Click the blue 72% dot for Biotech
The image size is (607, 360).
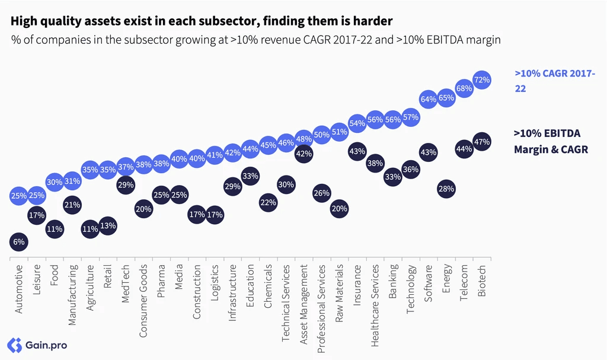tap(482, 80)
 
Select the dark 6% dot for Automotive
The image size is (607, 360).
tap(18, 242)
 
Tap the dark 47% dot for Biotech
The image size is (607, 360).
tap(482, 142)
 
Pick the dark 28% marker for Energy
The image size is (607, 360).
tap(446, 189)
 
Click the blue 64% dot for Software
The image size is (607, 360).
tap(429, 99)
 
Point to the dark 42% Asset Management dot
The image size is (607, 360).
tap(304, 154)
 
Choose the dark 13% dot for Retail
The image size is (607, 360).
tap(108, 226)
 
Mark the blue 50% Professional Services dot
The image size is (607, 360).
tap(321, 135)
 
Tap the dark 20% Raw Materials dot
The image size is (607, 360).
tap(340, 209)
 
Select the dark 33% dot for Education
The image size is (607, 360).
tap(250, 176)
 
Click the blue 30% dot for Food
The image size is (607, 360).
tap(55, 181)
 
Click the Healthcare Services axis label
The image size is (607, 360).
tap(375, 305)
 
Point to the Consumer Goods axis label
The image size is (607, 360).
tap(143, 301)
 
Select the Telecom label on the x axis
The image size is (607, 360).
tap(464, 282)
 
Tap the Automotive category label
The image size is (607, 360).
tap(18, 289)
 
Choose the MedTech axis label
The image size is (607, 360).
tap(126, 278)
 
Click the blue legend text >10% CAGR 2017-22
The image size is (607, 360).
tap(555, 81)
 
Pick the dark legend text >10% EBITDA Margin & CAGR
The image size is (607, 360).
tap(551, 141)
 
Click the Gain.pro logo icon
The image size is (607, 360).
tap(15, 345)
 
